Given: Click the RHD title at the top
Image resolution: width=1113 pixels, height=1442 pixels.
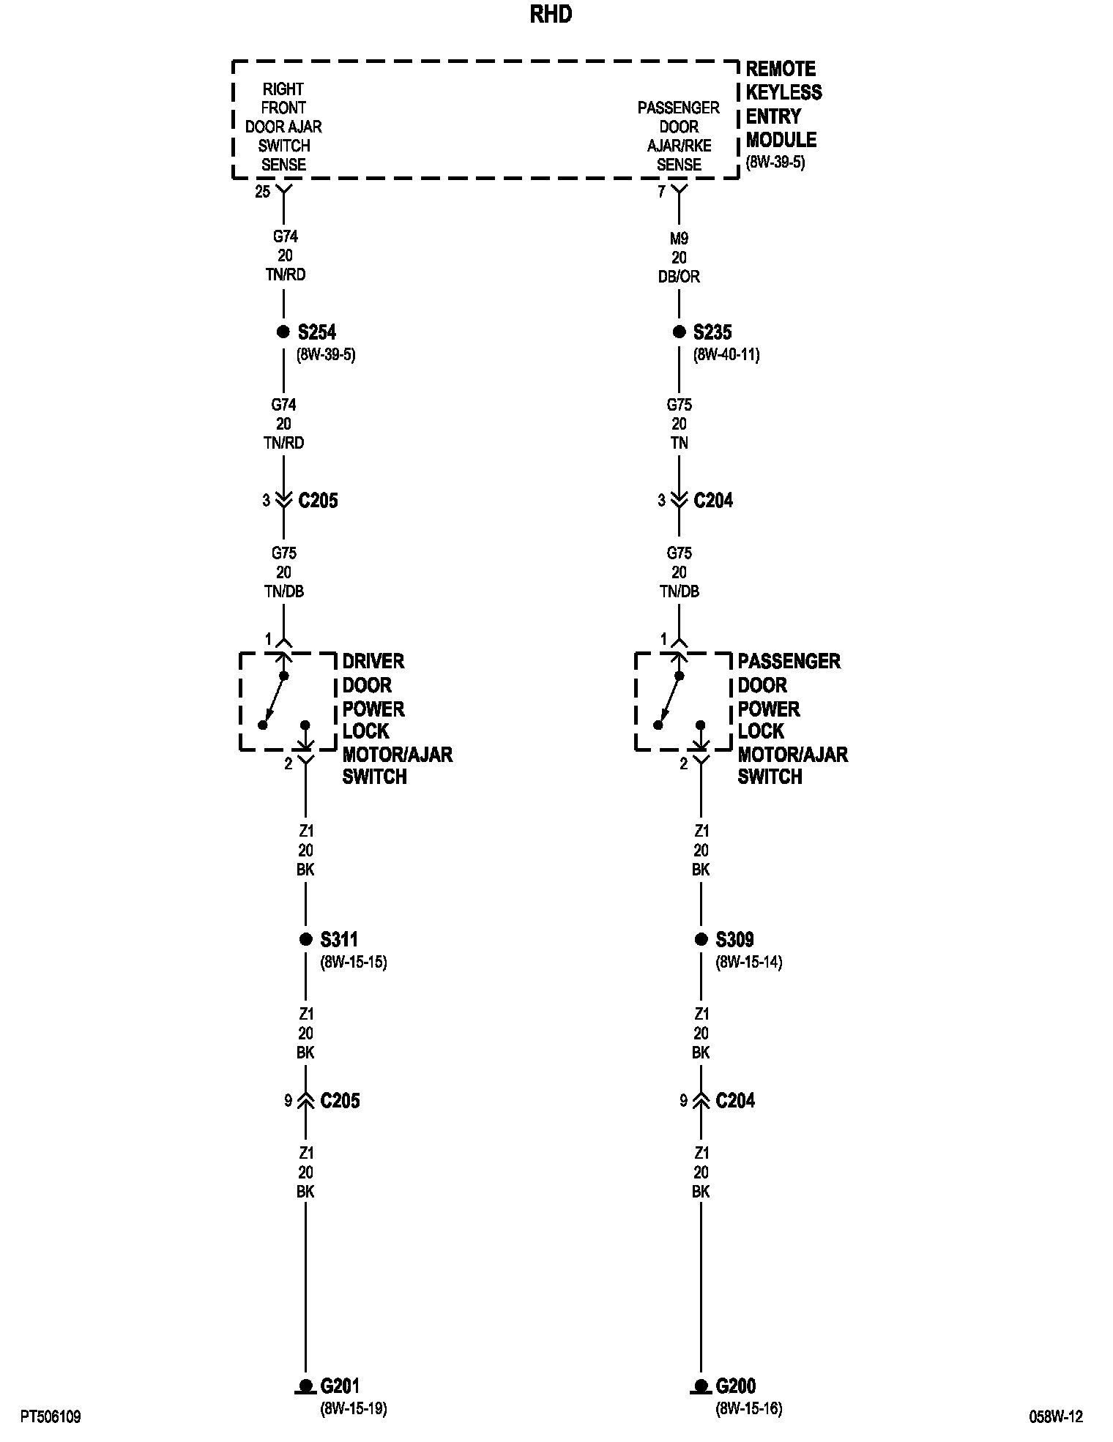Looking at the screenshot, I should coord(551,15).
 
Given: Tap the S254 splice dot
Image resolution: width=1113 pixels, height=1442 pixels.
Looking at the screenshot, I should coord(283,332).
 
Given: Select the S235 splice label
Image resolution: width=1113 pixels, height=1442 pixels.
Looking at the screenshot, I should coord(712,332).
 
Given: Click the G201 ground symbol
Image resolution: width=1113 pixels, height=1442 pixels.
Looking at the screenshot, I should coord(305,1386).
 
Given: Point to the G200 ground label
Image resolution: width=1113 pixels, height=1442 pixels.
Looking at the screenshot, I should coord(736,1386).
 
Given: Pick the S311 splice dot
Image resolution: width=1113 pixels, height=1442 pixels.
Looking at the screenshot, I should coord(306,939).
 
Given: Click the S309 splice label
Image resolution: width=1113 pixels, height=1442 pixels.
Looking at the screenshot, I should coord(734,939).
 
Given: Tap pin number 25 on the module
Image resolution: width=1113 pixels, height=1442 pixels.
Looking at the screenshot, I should coord(262,193).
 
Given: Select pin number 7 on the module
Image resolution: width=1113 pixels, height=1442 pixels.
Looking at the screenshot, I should coord(661,192).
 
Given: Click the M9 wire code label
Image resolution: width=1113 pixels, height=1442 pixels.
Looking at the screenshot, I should coord(679,239).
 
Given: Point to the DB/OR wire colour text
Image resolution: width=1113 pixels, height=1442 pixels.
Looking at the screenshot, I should coord(679,277).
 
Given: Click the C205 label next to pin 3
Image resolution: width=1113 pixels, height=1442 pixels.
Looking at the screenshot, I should coord(319,501).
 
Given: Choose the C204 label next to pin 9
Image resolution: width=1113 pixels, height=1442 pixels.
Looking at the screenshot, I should coord(735,1100).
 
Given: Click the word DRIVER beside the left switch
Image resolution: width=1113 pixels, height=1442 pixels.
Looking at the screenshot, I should coord(373,662).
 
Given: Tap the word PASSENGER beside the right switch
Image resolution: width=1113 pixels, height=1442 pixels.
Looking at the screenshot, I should coord(789,662).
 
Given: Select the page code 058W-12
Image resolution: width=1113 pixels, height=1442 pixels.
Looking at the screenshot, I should coord(1056,1416).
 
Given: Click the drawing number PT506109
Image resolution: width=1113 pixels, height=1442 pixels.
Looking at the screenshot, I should coord(51,1417).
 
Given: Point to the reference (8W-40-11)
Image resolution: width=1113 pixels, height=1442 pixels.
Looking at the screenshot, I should coord(726,355).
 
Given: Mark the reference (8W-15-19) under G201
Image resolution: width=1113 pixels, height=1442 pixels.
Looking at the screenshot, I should coord(353,1408).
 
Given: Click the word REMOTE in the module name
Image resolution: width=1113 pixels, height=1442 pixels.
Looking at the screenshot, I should coord(781,69).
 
